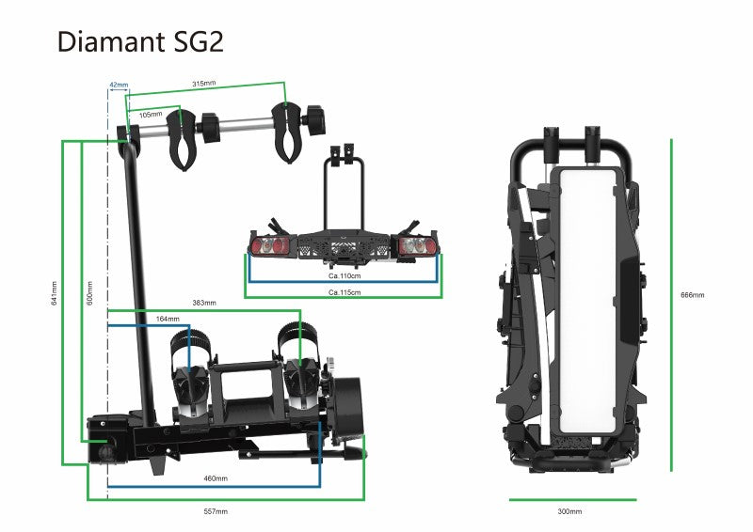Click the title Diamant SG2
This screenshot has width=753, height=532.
[x=140, y=42]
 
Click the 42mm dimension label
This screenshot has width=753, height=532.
[x=119, y=86]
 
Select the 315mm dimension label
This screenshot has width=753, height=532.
[x=204, y=84]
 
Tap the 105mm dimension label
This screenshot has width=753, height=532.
[x=151, y=115]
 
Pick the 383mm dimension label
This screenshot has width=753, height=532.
[x=204, y=303]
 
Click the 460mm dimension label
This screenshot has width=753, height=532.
[x=216, y=478]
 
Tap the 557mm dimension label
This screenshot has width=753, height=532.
[x=216, y=511]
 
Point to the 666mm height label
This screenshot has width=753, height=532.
[x=692, y=295]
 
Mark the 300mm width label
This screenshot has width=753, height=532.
[x=569, y=511]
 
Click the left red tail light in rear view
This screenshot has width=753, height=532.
[x=267, y=246]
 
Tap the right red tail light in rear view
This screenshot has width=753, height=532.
[x=414, y=246]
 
